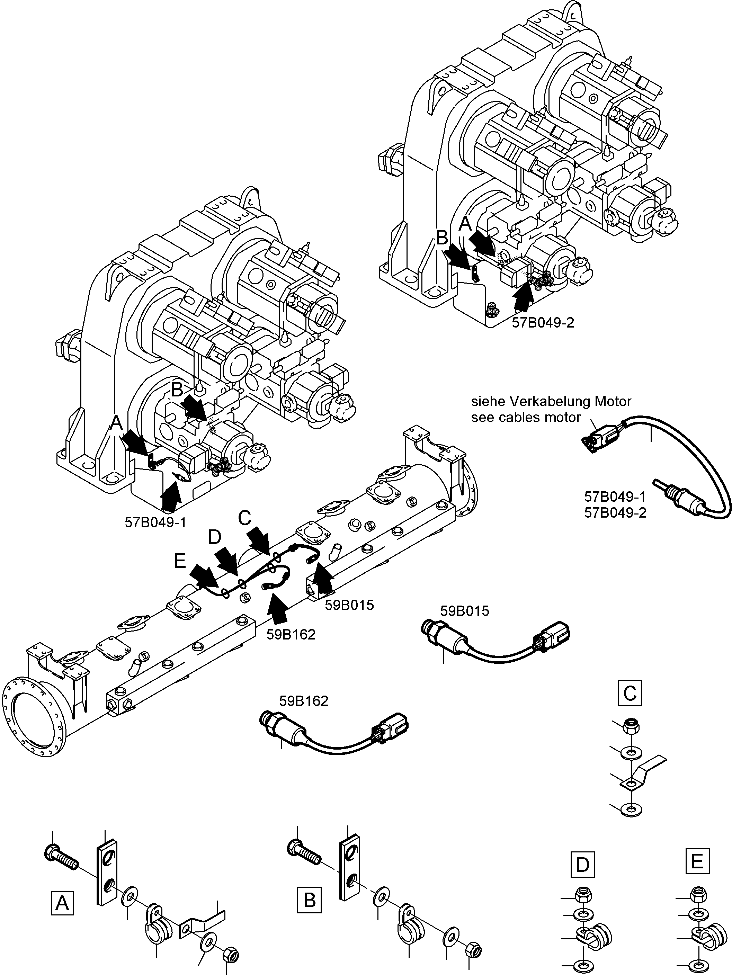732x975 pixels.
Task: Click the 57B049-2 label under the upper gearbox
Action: click(543, 323)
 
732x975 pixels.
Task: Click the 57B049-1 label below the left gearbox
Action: click(155, 523)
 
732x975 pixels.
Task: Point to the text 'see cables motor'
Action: click(526, 417)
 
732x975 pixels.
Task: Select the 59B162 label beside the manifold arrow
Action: click(291, 635)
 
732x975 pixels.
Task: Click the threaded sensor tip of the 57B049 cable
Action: click(672, 492)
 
